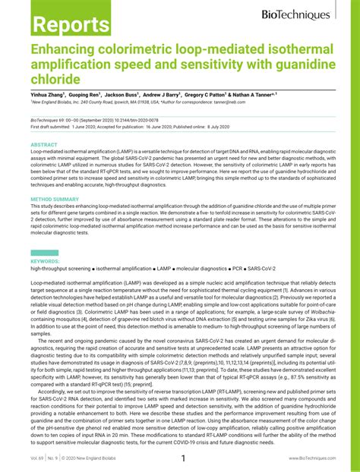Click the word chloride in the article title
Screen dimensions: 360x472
click(55, 78)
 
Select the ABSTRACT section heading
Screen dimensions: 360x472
click(44, 144)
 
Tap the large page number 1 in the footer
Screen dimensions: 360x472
click(182, 459)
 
